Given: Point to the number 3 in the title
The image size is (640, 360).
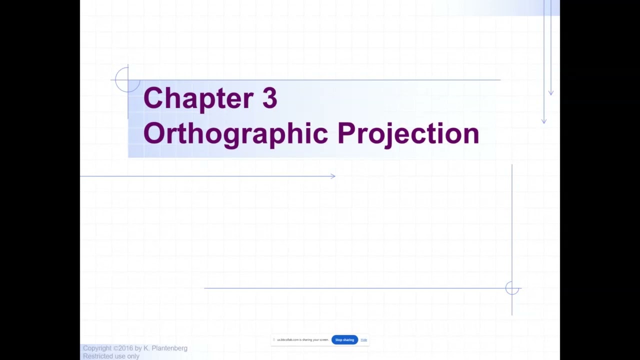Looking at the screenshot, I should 269,98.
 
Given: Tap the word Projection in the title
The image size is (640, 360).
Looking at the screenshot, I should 408,133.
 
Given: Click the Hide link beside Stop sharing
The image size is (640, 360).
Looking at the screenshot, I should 363,340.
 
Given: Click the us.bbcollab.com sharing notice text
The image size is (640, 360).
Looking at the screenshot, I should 302,340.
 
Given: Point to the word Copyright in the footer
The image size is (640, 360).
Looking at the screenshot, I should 97,348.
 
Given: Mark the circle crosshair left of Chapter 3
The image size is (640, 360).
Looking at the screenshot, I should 127,79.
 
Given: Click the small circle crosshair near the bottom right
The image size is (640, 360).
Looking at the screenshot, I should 512,288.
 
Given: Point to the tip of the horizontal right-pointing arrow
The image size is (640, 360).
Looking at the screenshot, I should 334,176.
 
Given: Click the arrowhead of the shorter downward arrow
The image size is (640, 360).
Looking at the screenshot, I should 550,93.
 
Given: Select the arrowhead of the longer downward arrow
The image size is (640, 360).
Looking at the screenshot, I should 544,121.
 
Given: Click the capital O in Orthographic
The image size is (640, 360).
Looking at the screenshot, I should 153,133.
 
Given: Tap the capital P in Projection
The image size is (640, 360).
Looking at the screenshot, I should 346,133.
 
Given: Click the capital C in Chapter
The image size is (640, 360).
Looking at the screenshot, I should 152,98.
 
